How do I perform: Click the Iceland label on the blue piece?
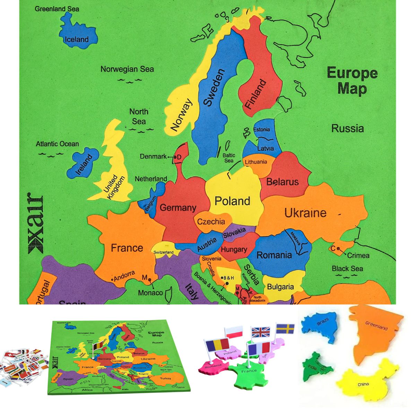point(77,39)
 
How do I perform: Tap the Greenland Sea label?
point(57,9)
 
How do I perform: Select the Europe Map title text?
point(352,81)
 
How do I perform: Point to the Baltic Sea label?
point(229,158)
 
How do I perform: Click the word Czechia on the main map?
point(211,222)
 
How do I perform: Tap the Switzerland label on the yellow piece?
point(164,252)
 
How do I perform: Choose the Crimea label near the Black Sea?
point(358,255)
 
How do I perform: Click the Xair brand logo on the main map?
point(36,223)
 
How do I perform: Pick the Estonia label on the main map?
point(261,129)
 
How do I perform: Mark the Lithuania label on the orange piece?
point(256,162)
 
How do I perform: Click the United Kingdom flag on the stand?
point(261,332)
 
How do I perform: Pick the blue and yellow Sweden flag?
point(285,328)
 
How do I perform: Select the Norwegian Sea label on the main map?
point(127,69)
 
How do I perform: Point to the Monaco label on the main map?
point(150,293)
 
